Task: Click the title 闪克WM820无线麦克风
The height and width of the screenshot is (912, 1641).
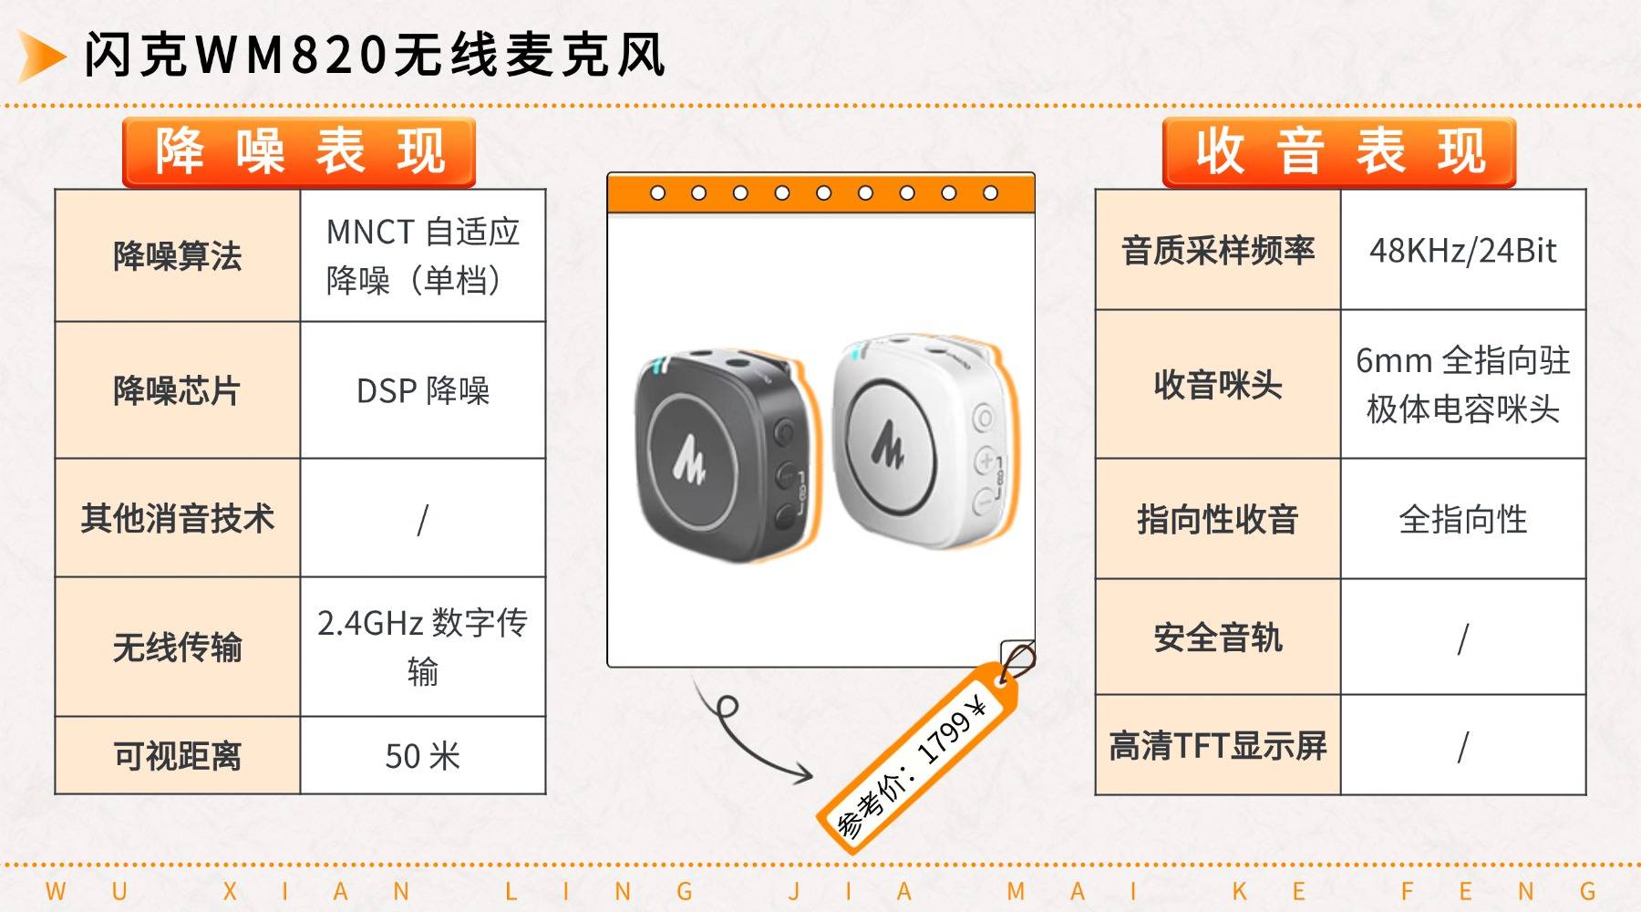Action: coord(375,56)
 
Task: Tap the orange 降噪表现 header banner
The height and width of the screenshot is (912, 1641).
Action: coord(299,152)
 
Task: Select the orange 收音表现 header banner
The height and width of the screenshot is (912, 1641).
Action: coord(1339,152)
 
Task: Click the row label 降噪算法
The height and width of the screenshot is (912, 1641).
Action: coord(178,256)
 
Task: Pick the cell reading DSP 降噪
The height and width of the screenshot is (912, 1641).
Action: coord(423,390)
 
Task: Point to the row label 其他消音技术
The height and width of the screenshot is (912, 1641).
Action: coord(178,518)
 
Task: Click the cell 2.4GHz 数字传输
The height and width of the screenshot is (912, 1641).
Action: coord(423,647)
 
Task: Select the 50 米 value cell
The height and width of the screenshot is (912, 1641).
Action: coord(423,756)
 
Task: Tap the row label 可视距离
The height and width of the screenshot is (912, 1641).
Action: coord(178,756)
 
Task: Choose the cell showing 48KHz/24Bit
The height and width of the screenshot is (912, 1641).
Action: coord(1463,250)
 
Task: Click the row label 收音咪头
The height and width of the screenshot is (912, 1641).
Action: coord(1218,385)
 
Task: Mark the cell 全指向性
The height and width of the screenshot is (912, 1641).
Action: coord(1463,519)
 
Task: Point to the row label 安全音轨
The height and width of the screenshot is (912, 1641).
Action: coord(1218,637)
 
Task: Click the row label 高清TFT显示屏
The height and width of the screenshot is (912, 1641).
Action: coord(1218,745)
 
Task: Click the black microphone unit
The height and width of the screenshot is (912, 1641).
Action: coord(720,453)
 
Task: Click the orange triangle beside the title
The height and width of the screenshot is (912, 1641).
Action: coord(41,56)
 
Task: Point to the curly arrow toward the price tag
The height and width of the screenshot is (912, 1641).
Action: coord(743,734)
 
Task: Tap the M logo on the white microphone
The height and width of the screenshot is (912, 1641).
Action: coord(887,442)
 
